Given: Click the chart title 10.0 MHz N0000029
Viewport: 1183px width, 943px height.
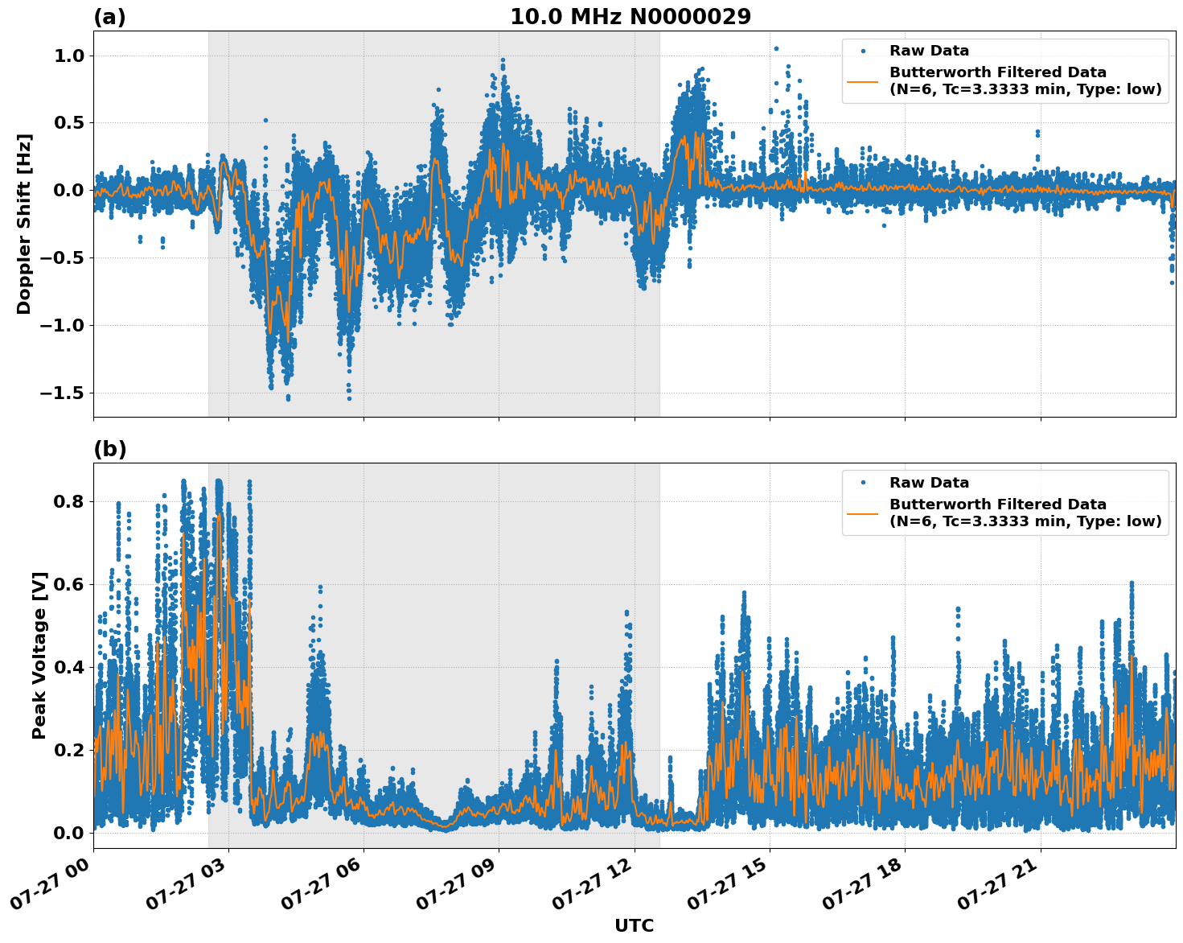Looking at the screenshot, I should [x=630, y=17].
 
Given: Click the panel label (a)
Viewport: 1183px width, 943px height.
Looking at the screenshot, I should [x=109, y=17].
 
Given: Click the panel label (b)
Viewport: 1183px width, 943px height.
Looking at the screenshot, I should [x=109, y=449].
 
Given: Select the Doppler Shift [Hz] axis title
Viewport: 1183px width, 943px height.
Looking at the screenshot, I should [x=24, y=224].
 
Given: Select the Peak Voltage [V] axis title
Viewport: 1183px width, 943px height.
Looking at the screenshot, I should [x=39, y=655].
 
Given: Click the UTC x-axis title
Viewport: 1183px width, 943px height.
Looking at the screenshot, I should [x=634, y=925].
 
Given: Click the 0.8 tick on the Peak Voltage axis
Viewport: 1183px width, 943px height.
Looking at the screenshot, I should [x=68, y=501].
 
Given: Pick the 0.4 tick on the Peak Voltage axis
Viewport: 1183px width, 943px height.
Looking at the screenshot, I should [x=68, y=667].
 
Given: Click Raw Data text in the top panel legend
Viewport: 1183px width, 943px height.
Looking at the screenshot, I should [x=929, y=51].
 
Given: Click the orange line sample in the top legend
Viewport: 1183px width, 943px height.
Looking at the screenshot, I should [x=862, y=81].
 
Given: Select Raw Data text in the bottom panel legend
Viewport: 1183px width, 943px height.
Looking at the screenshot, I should [x=929, y=483].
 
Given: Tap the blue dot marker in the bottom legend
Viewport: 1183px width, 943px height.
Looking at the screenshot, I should [x=863, y=483].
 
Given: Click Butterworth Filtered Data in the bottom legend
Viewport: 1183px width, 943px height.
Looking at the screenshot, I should [x=997, y=504].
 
